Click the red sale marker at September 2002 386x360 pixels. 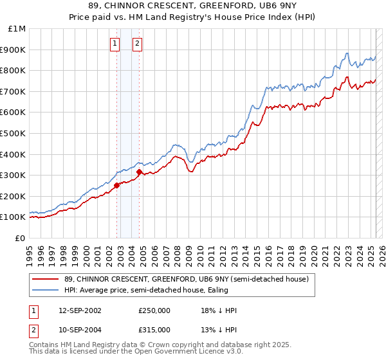coord(116,186)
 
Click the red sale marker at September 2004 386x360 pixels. coord(139,172)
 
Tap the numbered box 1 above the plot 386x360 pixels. coord(115,44)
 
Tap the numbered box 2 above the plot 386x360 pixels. coord(138,44)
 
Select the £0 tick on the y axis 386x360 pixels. coord(21,238)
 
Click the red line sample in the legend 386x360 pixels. coord(45,279)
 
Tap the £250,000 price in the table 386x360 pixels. coord(154,310)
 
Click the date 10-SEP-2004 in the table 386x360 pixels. coord(80,330)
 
